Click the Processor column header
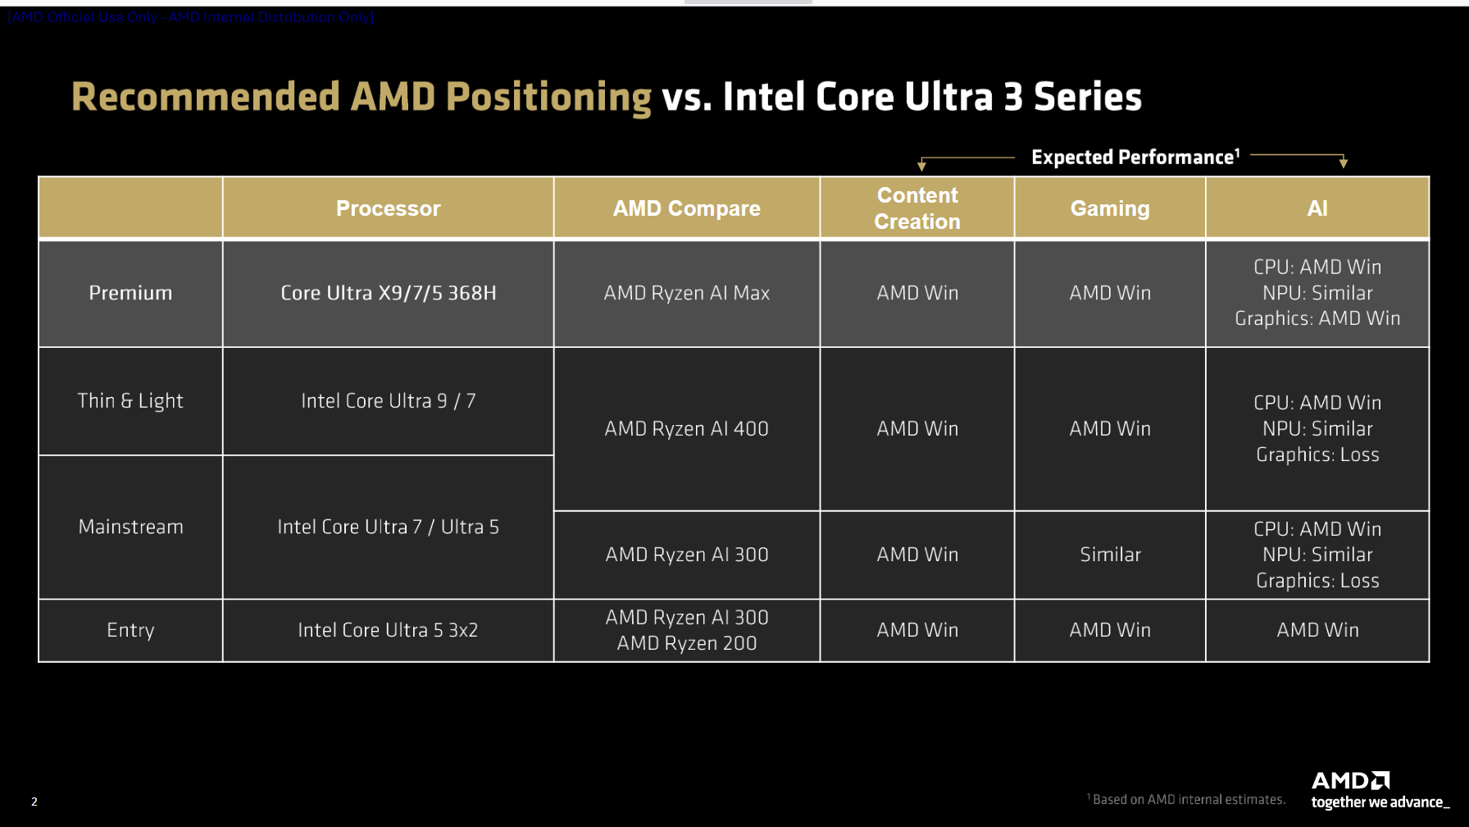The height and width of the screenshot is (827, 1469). point(388,208)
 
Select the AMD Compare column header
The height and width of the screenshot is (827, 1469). point(686,208)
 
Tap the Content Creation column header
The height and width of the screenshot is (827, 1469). point(916,208)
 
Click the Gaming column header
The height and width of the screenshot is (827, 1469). point(1110,208)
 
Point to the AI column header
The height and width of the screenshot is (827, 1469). point(1317,208)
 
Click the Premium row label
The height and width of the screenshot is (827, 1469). point(130,293)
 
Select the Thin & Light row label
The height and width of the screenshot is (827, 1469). point(130,400)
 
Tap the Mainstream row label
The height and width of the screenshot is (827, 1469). point(130,527)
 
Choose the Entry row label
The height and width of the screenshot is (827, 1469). point(130,630)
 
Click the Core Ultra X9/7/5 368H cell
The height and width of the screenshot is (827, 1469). point(388,293)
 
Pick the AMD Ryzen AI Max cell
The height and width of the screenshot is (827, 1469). point(686,293)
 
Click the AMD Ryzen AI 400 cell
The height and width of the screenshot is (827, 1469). point(686,428)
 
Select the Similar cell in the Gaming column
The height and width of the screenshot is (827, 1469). point(1110,555)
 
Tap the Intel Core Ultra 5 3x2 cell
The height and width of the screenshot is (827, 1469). point(388,630)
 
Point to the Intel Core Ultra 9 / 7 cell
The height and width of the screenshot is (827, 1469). point(388,400)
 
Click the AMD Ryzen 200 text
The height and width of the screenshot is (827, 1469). point(686,643)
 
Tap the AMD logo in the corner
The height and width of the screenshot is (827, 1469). point(1350,780)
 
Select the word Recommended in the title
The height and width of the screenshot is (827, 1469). point(205,97)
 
